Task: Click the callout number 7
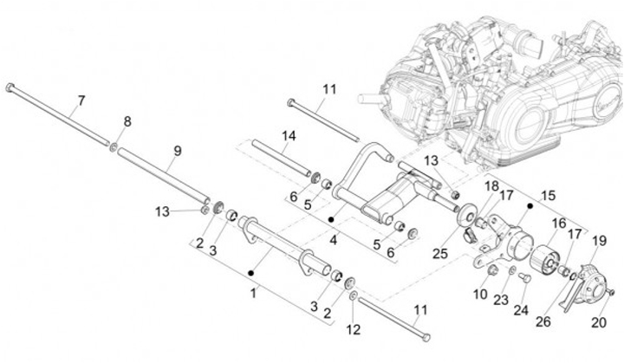tap(80, 101)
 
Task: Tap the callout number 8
tap(127, 121)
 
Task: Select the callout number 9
tap(176, 150)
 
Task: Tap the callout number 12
tap(353, 328)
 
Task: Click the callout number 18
tap(491, 185)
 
